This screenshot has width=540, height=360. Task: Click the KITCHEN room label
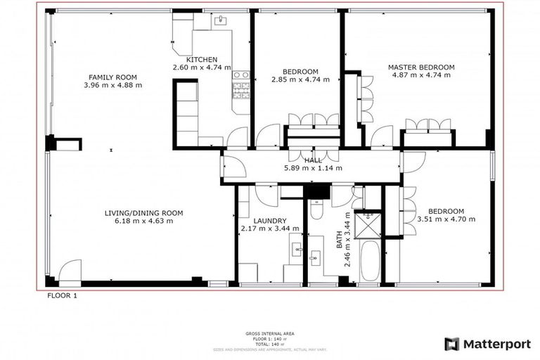(201, 60)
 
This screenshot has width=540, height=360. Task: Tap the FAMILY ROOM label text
(112, 77)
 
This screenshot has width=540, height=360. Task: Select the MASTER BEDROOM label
(421, 67)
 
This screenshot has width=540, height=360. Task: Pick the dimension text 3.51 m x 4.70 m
(446, 219)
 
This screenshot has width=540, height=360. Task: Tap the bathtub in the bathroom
(370, 259)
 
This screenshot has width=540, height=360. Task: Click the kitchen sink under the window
(220, 20)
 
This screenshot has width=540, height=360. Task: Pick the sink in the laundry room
(297, 248)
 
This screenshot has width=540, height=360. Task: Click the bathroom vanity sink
(314, 258)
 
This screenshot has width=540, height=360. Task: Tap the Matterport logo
(487, 344)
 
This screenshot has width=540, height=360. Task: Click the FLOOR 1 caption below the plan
(62, 296)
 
